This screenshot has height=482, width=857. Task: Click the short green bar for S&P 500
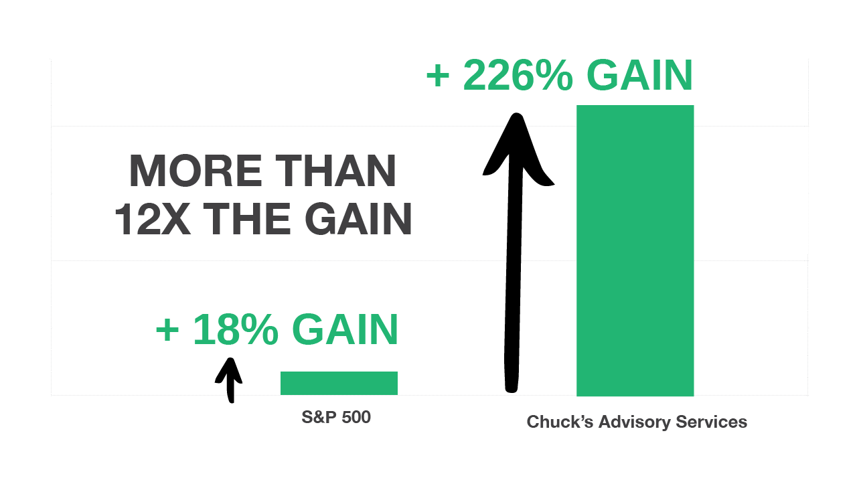[339, 383]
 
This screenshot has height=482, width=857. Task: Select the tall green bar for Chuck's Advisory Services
[635, 250]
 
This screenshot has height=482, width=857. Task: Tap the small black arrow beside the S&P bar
[229, 379]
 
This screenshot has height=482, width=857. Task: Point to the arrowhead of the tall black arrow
[516, 147]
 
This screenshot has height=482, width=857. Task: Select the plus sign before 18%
[167, 331]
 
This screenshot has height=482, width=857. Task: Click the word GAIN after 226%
[639, 76]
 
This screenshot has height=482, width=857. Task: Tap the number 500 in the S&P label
[356, 418]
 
